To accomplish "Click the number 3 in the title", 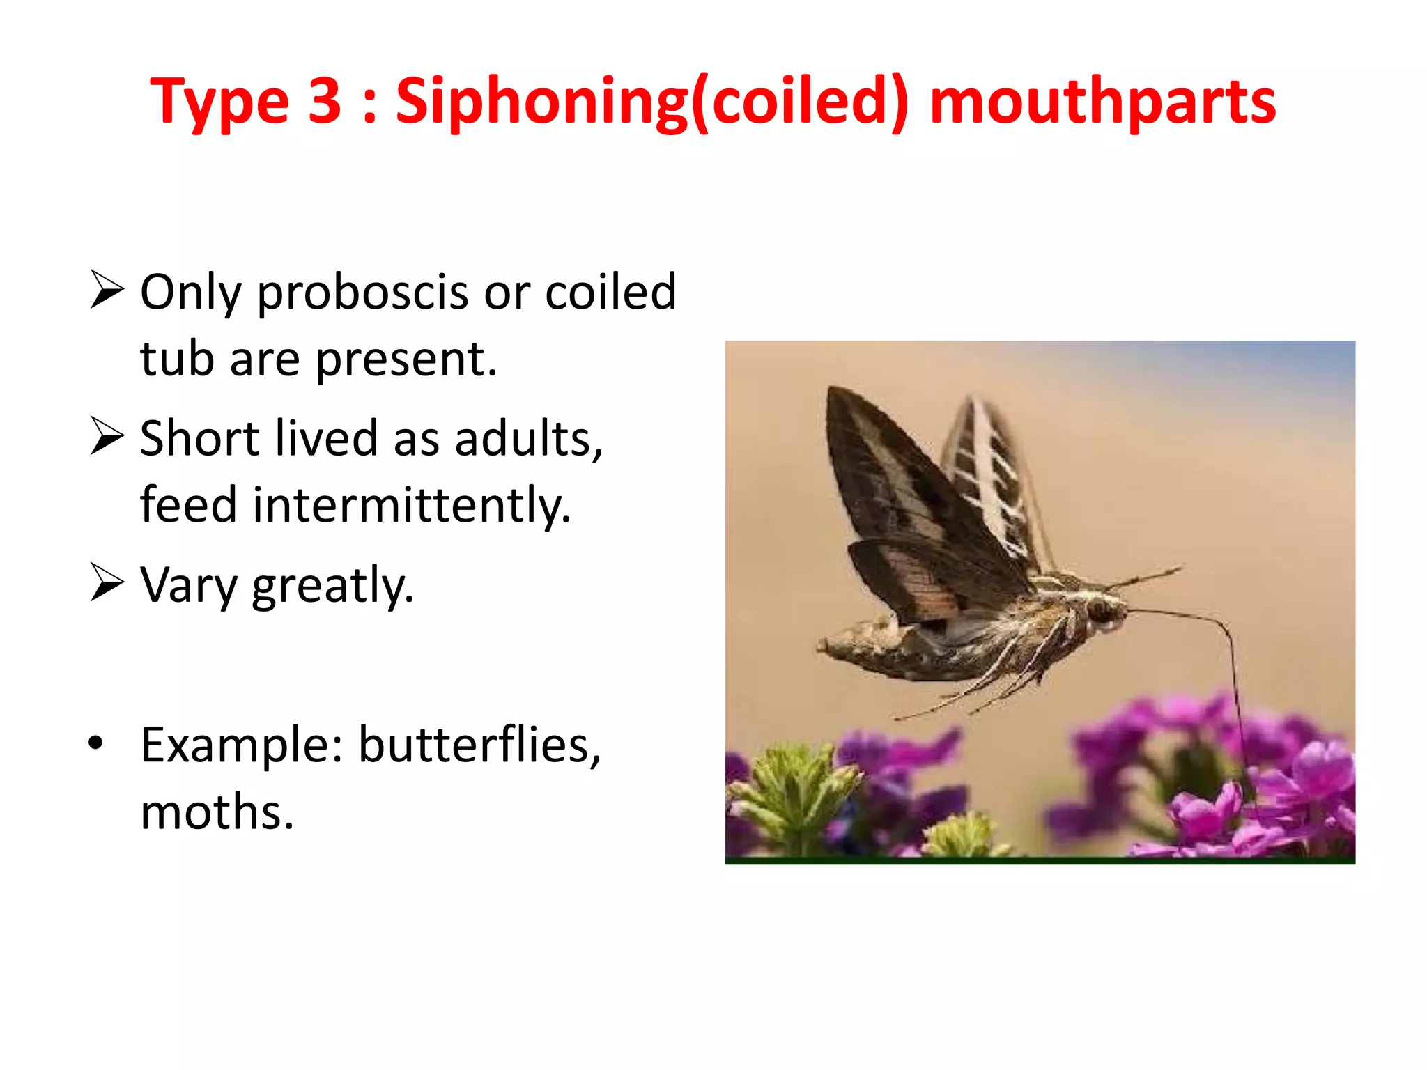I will tap(324, 102).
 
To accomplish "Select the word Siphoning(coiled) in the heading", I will tap(652, 103).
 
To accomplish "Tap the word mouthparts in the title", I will tap(1102, 103).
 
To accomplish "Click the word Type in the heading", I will tap(219, 103).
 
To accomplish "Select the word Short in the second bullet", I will tap(200, 439).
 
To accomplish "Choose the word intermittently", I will tap(411, 505).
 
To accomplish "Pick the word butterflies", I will tap(479, 745).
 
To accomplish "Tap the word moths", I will tap(217, 812).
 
